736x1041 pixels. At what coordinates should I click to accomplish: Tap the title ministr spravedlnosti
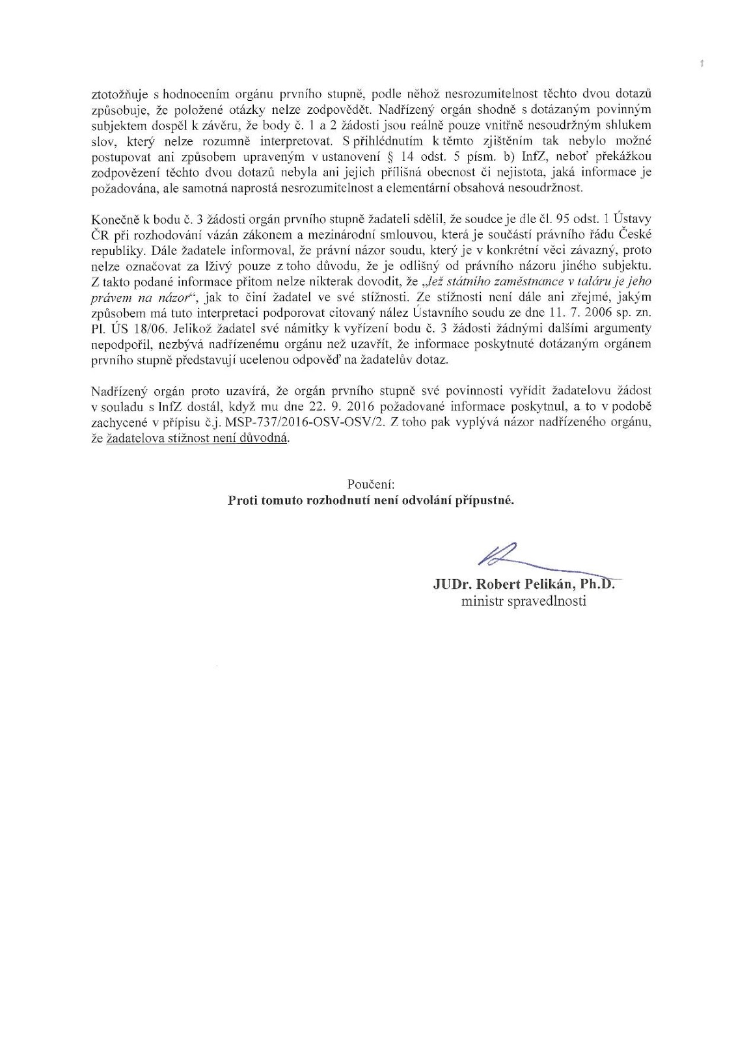click(523, 601)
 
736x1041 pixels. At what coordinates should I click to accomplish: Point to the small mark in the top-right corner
click(702, 64)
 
